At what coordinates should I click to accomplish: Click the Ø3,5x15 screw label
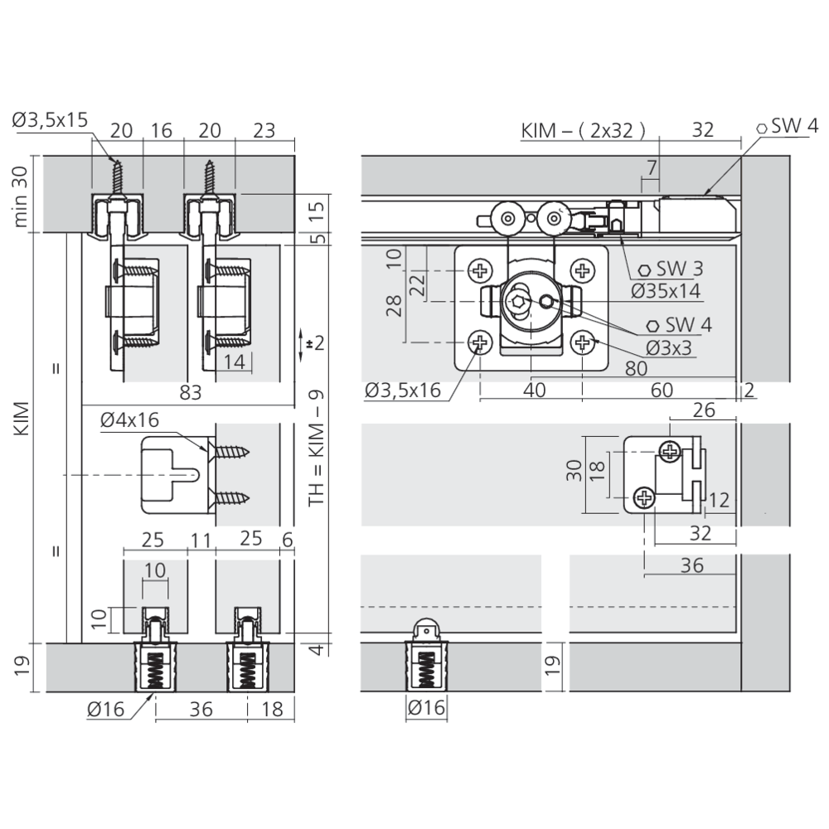pyautogui.click(x=50, y=120)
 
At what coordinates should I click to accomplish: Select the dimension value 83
pyautogui.click(x=191, y=393)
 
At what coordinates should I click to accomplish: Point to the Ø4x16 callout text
pyautogui.click(x=129, y=419)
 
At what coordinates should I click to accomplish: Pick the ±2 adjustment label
pyautogui.click(x=315, y=344)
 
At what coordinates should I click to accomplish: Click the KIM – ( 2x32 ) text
pyautogui.click(x=583, y=130)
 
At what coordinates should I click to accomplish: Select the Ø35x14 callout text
pyautogui.click(x=665, y=291)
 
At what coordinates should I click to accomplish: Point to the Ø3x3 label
pyautogui.click(x=668, y=348)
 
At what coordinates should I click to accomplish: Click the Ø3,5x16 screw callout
pyautogui.click(x=402, y=390)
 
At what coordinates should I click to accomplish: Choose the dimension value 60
pyautogui.click(x=662, y=390)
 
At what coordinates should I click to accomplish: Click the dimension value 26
pyautogui.click(x=704, y=410)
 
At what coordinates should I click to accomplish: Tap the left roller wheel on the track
pyautogui.click(x=507, y=218)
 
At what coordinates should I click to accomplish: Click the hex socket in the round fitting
pyautogui.click(x=517, y=302)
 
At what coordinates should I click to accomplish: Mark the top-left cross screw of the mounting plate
pyautogui.click(x=481, y=271)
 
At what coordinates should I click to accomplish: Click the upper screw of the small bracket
pyautogui.click(x=671, y=451)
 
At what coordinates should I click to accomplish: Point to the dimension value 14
pyautogui.click(x=235, y=362)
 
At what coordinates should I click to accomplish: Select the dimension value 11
pyautogui.click(x=201, y=541)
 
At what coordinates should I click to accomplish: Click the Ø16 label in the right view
pyautogui.click(x=426, y=707)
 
